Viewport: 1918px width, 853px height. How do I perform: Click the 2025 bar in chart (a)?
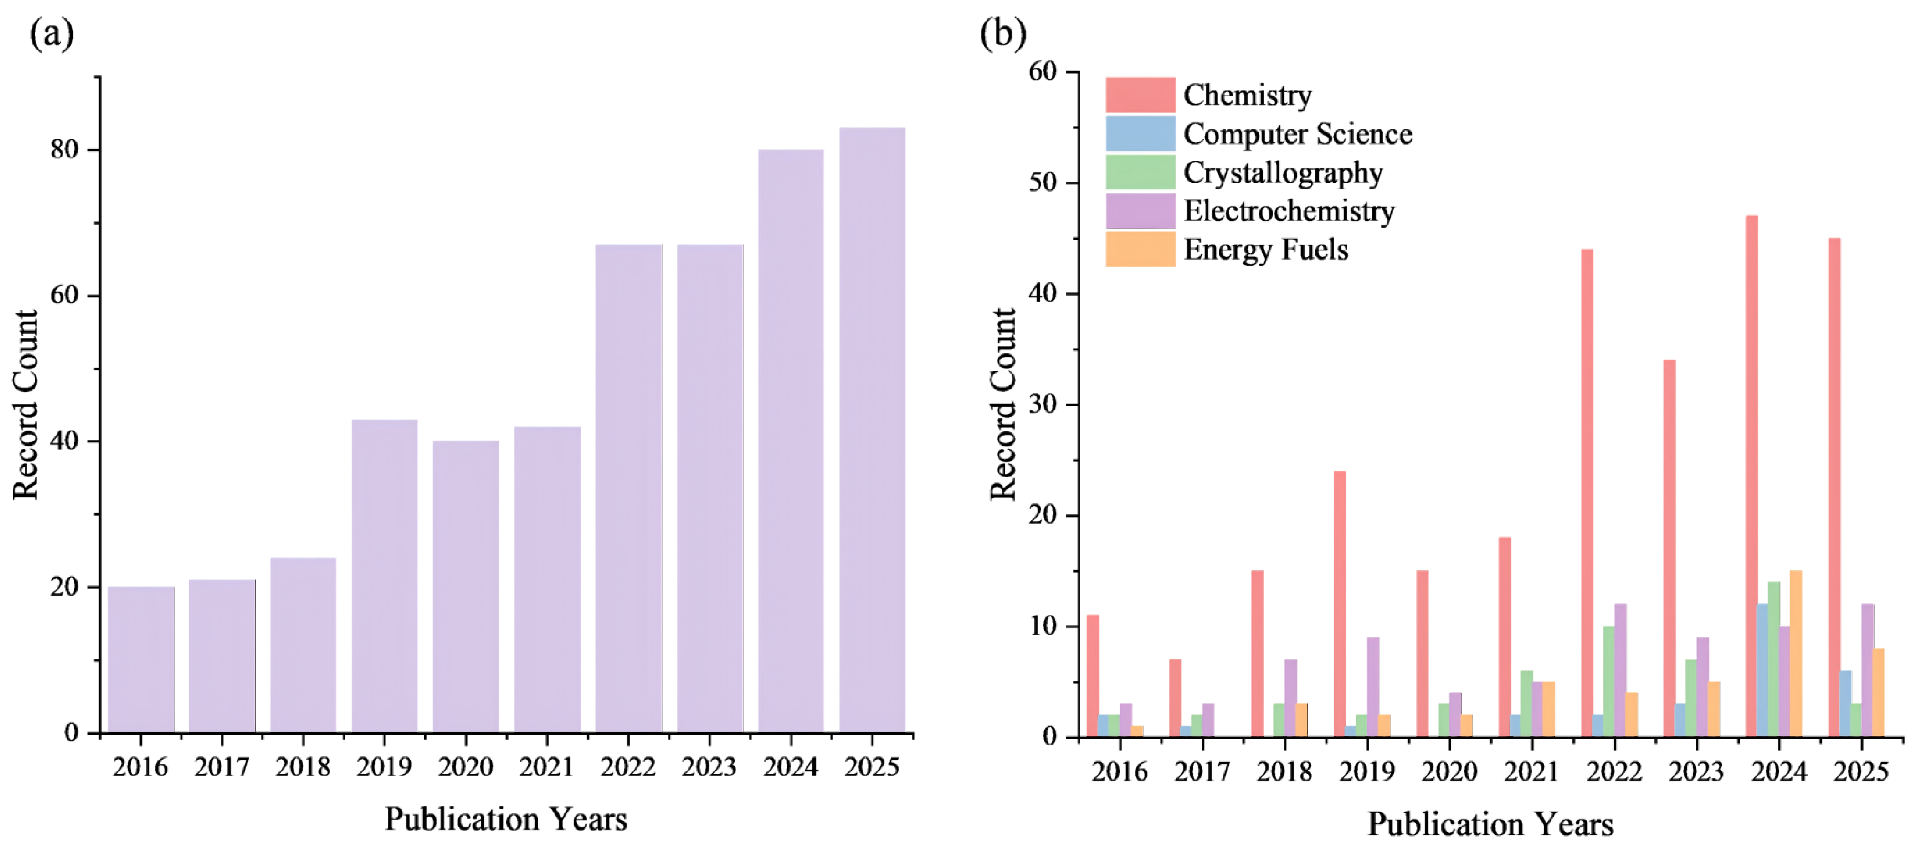click(872, 430)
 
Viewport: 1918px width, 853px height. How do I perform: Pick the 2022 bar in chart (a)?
click(629, 488)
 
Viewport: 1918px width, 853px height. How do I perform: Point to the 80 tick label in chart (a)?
click(65, 150)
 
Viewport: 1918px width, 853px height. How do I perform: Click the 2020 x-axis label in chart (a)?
click(465, 767)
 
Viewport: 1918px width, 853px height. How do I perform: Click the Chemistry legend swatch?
click(1140, 96)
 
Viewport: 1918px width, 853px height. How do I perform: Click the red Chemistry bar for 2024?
click(1752, 477)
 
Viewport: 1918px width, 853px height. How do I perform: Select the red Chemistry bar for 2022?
click(1587, 493)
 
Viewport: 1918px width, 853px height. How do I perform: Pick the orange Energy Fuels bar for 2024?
click(1795, 654)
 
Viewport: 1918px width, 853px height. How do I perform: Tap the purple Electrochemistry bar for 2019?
click(1373, 687)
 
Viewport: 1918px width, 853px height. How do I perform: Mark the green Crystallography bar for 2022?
click(1609, 682)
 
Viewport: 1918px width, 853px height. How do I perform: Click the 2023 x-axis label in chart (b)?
click(1696, 772)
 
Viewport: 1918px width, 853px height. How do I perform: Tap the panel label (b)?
click(1003, 34)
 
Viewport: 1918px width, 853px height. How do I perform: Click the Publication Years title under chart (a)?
click(506, 819)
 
